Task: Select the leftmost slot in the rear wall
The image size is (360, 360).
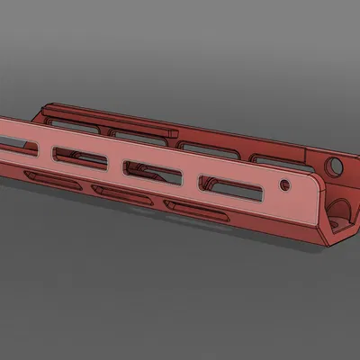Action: point(67,114)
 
